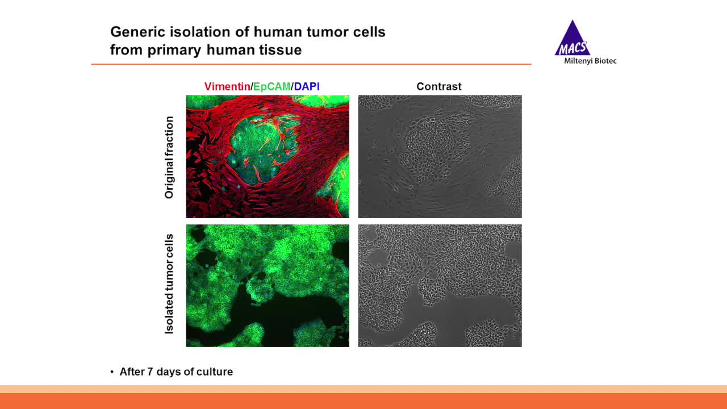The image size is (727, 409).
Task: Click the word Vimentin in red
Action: [227, 86]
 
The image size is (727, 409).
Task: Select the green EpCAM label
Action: [271, 86]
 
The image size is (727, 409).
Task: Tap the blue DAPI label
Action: [307, 86]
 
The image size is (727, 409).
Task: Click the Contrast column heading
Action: [439, 86]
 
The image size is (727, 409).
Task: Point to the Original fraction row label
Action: [169, 157]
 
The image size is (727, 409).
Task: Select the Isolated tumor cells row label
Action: [169, 283]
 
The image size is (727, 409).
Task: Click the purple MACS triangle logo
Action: [573, 39]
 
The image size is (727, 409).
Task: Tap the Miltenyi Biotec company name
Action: [590, 61]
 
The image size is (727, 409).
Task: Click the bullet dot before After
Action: [112, 372]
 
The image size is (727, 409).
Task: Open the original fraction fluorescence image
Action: [268, 156]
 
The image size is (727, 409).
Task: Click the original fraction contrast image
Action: [440, 156]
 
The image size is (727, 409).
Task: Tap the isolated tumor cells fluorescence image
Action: [268, 286]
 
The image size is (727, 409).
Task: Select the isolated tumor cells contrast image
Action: [440, 286]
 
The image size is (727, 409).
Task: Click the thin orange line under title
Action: [311, 64]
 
